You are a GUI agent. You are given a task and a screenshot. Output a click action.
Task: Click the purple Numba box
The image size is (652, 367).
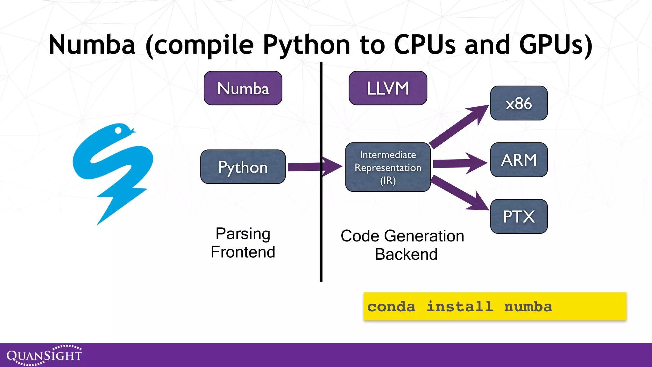pyautogui.click(x=243, y=88)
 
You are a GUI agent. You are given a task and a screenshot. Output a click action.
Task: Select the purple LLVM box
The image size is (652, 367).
pyautogui.click(x=388, y=88)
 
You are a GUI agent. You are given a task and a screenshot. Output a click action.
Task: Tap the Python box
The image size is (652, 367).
pyautogui.click(x=243, y=167)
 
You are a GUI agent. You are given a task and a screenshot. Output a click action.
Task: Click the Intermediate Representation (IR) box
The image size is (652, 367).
pyautogui.click(x=388, y=167)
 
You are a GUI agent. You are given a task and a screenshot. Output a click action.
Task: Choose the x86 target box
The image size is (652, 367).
pyautogui.click(x=519, y=103)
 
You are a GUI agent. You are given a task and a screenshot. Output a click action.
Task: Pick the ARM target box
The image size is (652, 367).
pyautogui.click(x=519, y=160)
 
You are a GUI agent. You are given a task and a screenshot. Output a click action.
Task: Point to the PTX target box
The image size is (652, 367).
pyautogui.click(x=519, y=216)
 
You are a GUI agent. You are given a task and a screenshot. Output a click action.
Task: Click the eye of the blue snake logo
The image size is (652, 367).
pyautogui.click(x=118, y=130)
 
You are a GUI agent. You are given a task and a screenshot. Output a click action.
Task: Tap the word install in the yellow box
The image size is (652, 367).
pyautogui.click(x=460, y=306)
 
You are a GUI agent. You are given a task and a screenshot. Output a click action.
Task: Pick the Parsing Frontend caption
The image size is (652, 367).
pyautogui.click(x=243, y=243)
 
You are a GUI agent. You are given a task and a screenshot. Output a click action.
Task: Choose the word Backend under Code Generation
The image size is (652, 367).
pyautogui.click(x=406, y=254)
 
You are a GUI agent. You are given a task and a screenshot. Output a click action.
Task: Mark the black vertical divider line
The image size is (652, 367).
pyautogui.click(x=321, y=223)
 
